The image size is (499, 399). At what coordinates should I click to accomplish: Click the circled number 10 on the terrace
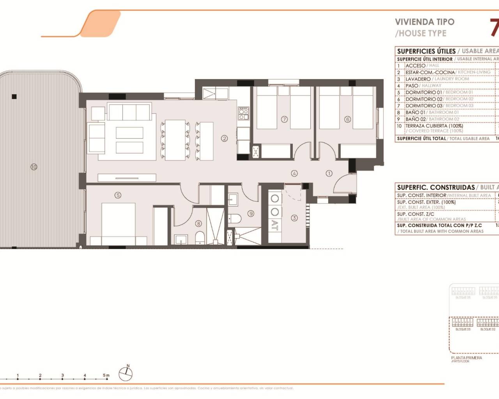[34, 167]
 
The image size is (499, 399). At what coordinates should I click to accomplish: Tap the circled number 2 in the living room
[224, 138]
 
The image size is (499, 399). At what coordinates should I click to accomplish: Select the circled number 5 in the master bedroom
[118, 195]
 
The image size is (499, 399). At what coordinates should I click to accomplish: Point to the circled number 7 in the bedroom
[284, 119]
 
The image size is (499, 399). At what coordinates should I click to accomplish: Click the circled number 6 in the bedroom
[347, 119]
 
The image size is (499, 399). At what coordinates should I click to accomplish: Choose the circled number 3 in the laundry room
[294, 218]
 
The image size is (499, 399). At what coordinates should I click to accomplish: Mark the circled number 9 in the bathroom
[251, 213]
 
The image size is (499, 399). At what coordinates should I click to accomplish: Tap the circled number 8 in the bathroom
[198, 223]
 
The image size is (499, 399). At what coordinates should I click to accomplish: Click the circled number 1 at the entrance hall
[329, 173]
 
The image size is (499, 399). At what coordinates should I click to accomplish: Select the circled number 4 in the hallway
[294, 173]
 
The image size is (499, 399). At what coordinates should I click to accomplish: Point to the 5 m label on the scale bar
[106, 376]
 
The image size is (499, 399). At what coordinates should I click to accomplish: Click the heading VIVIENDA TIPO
[425, 22]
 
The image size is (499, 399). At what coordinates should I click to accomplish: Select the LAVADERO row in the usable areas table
[418, 79]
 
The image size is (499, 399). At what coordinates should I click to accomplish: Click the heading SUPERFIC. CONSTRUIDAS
[435, 187]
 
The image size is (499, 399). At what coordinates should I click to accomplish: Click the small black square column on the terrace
[14, 97]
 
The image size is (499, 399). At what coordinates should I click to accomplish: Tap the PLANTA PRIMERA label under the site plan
[466, 358]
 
